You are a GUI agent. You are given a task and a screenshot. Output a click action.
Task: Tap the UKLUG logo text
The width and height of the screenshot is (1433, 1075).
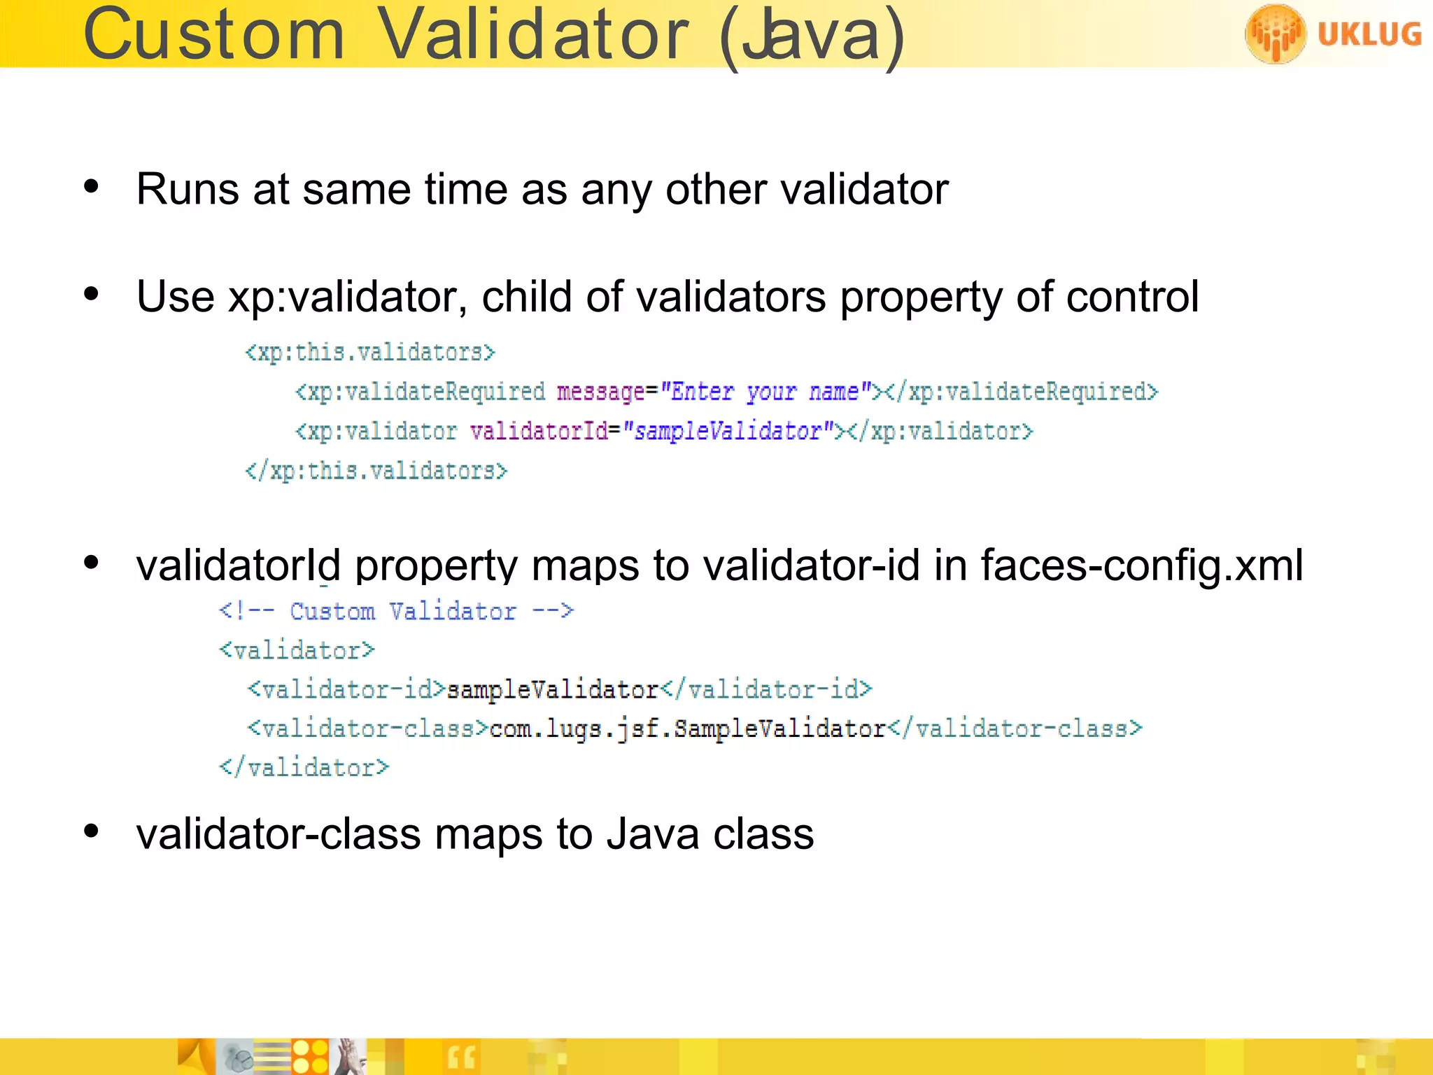point(1369,34)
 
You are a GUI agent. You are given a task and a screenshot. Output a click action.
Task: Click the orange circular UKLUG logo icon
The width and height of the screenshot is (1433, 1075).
point(1275,34)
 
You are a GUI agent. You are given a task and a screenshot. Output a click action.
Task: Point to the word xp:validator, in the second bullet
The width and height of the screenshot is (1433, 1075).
point(347,297)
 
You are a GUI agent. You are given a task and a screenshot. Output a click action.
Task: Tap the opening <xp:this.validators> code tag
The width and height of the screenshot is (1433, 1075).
point(369,351)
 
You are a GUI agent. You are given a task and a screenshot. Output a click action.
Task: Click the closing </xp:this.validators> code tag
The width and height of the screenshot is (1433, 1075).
point(376,470)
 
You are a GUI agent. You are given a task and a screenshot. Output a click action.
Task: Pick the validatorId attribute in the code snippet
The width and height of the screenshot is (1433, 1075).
point(539,431)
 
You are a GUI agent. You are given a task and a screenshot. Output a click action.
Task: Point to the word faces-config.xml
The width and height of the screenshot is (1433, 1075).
point(1142,565)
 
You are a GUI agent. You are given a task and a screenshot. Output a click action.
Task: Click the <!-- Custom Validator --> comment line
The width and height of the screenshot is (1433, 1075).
point(396,611)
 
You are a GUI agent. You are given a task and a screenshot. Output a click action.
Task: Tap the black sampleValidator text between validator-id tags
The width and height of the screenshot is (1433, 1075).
point(553,690)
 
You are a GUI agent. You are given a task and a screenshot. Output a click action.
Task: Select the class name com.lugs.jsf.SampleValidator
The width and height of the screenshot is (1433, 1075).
point(688,729)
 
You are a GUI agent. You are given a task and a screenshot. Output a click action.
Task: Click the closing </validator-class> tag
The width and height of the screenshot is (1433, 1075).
point(1015,729)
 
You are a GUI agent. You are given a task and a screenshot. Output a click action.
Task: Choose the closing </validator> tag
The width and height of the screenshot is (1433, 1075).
point(304,768)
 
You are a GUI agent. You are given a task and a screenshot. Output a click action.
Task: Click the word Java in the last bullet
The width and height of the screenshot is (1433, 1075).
point(653,834)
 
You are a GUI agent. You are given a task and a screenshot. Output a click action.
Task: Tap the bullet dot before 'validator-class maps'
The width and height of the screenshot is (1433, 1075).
point(91,831)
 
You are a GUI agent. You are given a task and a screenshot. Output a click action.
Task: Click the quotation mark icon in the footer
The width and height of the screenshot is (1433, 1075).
point(461,1058)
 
